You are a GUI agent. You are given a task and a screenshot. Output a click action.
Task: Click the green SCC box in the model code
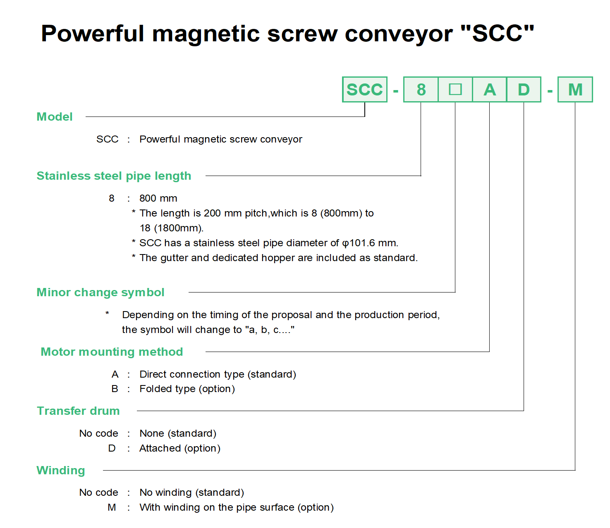(x=364, y=89)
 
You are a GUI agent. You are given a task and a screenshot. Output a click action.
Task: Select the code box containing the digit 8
(x=421, y=89)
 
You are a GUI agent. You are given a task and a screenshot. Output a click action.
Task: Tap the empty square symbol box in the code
(x=455, y=89)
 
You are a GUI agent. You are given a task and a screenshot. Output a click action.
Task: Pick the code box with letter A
(x=489, y=89)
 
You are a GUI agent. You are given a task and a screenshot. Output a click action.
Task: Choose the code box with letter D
(x=524, y=89)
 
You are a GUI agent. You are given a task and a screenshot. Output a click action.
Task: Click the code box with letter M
(x=575, y=89)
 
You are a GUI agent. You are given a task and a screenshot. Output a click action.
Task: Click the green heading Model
(x=54, y=117)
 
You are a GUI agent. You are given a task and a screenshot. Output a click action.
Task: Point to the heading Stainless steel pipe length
(x=114, y=176)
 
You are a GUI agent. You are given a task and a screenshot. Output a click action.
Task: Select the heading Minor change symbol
(x=100, y=293)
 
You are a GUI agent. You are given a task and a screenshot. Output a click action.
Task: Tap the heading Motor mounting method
(x=112, y=352)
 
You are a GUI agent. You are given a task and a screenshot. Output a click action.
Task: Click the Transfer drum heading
(x=78, y=411)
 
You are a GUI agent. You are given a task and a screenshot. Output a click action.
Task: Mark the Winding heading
(x=61, y=470)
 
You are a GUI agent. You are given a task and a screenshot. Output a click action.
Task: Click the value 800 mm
(x=158, y=198)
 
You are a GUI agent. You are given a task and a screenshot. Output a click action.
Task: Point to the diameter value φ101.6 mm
(x=370, y=243)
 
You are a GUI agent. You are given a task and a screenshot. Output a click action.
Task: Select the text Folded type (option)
(x=187, y=389)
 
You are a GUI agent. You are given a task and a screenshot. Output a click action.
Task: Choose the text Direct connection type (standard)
(x=218, y=374)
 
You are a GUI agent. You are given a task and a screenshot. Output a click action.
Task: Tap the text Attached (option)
(x=180, y=448)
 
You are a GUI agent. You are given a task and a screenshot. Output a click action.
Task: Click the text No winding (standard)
(x=192, y=492)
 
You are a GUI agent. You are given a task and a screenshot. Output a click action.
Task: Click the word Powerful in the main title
(x=92, y=33)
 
